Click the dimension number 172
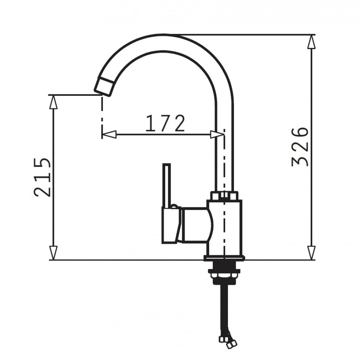165,123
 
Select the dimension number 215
42,177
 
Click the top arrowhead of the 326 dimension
311,42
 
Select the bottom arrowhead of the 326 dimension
311,253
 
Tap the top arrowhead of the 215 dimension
53,102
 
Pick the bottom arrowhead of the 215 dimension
53,253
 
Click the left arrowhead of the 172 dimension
109,135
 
